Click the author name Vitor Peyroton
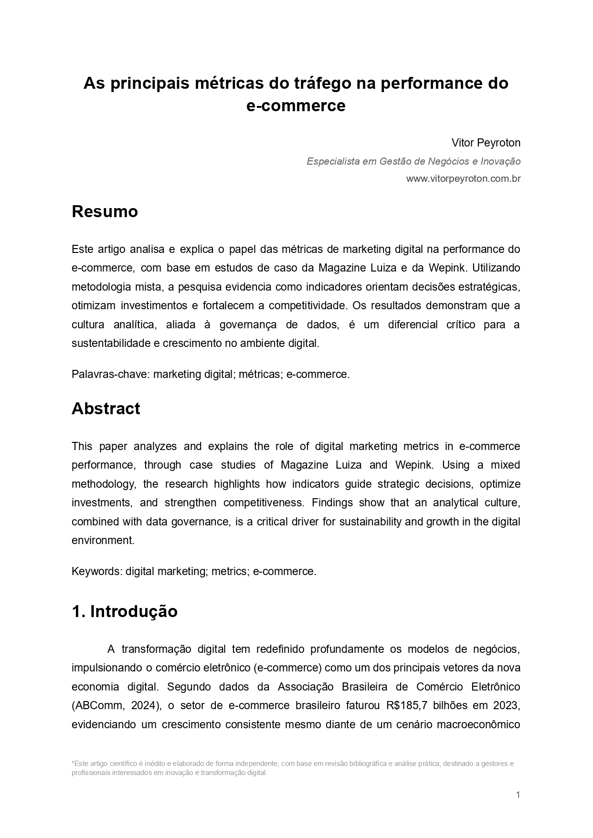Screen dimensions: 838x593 pyautogui.click(x=486, y=143)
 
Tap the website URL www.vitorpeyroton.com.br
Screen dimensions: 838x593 pyautogui.click(x=463, y=179)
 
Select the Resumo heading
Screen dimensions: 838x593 pyautogui.click(x=105, y=211)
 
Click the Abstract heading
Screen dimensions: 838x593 pyautogui.click(x=106, y=409)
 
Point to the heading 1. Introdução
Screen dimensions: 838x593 pyautogui.click(x=124, y=611)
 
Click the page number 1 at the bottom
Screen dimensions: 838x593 pyautogui.click(x=518, y=795)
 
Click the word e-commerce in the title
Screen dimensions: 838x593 pyautogui.click(x=296, y=105)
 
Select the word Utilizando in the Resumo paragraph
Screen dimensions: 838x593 pyautogui.click(x=496, y=268)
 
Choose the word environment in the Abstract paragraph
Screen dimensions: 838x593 pyautogui.click(x=103, y=540)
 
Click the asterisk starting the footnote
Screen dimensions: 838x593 pyautogui.click(x=73, y=763)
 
